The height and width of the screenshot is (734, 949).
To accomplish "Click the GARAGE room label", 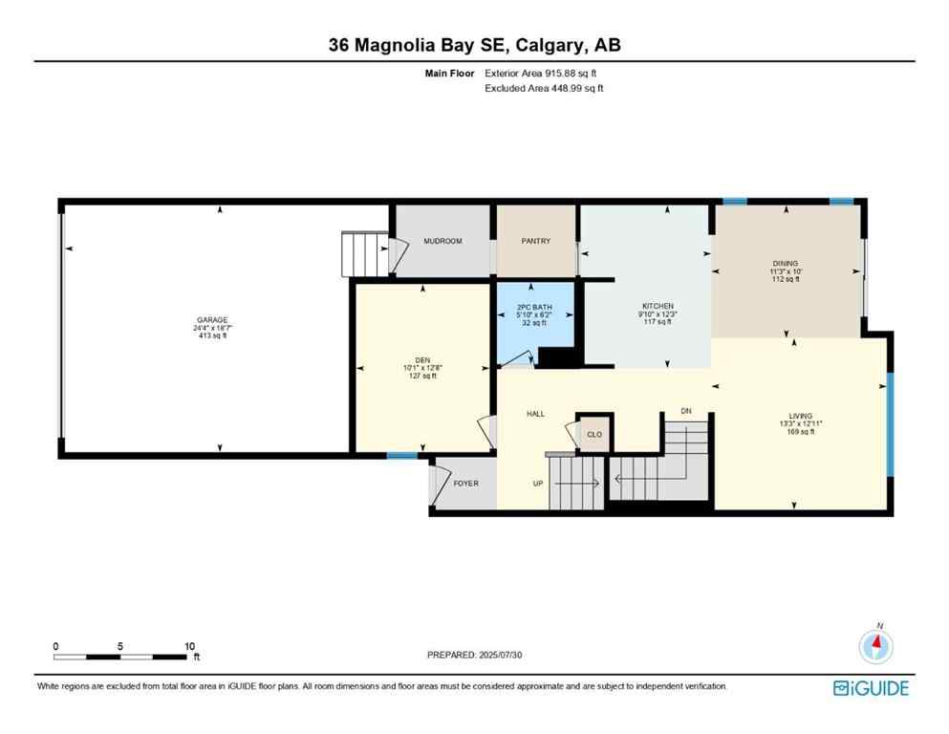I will click(x=212, y=320).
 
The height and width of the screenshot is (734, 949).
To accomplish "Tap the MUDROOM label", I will click(x=442, y=241).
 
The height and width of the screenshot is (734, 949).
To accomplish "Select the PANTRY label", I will click(x=536, y=241).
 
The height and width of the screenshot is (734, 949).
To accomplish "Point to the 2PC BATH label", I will click(x=533, y=307).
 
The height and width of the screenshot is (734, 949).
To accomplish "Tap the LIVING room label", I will click(x=800, y=416).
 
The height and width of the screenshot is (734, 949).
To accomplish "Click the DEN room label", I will click(x=421, y=360).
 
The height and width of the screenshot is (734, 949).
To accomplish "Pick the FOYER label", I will click(x=465, y=483).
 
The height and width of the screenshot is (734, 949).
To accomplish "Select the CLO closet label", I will click(x=593, y=434).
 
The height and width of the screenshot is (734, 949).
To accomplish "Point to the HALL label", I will click(x=535, y=414).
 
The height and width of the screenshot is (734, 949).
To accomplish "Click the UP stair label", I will click(x=538, y=483).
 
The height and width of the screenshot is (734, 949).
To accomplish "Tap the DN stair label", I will click(x=685, y=411).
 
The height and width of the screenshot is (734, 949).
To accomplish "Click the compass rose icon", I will click(x=875, y=647).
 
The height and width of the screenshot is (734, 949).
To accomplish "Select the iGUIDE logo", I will click(x=871, y=688).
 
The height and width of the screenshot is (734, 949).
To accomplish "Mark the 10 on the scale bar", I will click(x=189, y=646).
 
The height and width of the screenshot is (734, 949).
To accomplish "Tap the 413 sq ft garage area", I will click(x=212, y=335).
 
